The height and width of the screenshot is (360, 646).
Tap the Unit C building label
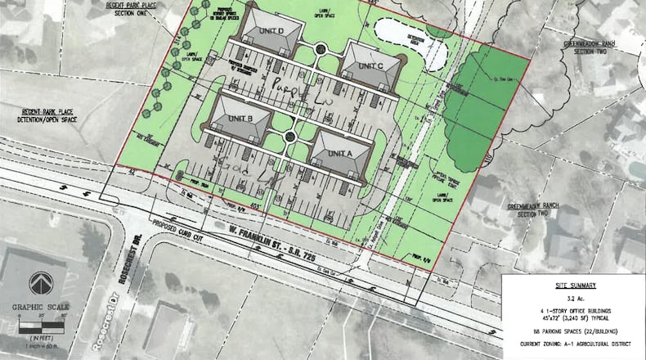[x=370, y=65]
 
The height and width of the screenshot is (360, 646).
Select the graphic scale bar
[x=41, y=326]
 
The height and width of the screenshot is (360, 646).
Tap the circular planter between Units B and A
[x=290, y=137]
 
